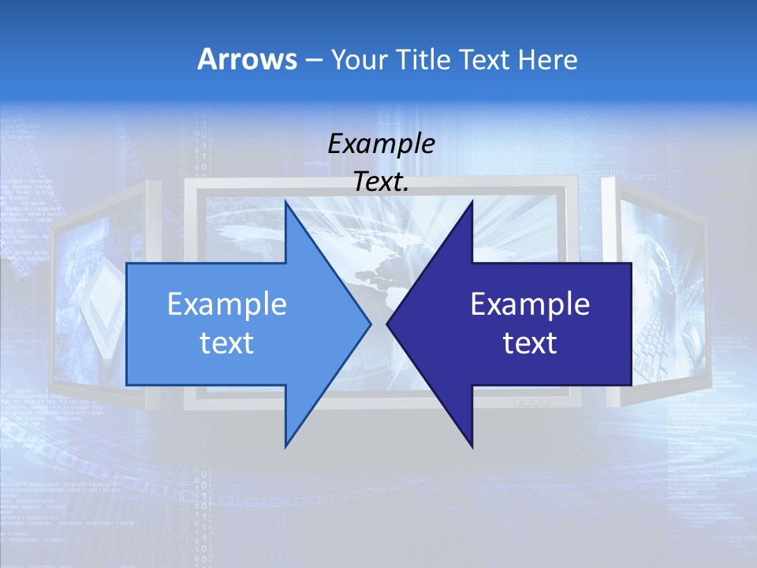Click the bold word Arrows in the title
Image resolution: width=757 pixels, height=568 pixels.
tap(247, 59)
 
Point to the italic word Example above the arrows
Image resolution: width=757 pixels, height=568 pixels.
tap(381, 144)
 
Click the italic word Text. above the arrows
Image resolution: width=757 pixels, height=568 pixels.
tap(381, 182)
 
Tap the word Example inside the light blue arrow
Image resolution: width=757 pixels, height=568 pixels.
tap(227, 305)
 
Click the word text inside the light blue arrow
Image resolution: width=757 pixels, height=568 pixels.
tap(227, 343)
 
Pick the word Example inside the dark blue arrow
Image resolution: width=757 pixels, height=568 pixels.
tap(530, 305)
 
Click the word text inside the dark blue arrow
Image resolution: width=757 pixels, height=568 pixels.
tap(530, 343)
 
